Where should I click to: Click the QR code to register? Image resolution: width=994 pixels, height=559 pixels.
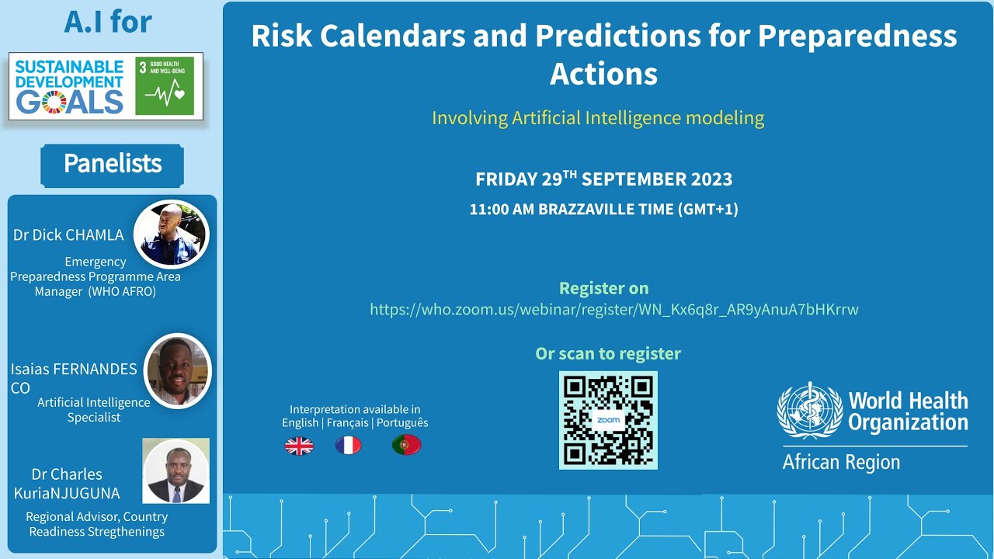coord(608,420)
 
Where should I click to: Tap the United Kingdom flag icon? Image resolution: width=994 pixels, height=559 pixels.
coord(299,446)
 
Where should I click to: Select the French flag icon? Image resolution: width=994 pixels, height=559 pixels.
coord(348,446)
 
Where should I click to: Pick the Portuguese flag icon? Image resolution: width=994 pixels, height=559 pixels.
coord(406,445)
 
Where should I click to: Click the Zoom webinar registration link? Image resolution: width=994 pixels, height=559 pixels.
coord(613,310)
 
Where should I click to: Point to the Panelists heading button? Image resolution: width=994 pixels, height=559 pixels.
coord(113,165)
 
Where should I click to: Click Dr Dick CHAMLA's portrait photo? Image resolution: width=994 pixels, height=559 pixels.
coord(172,234)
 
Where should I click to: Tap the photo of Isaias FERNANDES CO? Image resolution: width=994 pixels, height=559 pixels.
coord(178,371)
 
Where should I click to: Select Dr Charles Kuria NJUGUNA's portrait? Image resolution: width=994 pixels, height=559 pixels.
coord(176,471)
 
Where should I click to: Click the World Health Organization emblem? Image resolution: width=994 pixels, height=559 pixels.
coord(810,411)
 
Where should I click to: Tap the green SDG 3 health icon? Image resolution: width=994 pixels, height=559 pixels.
coord(165,85)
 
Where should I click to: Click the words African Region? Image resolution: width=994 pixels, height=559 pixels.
coord(841,463)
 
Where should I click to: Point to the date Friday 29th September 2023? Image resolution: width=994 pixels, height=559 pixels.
coord(603,179)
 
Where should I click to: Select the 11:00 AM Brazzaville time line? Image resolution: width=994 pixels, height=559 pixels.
coord(603,210)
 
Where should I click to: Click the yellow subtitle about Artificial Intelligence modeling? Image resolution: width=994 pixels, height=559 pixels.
coord(598,119)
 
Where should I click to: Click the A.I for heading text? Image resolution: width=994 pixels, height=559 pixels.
coord(108,23)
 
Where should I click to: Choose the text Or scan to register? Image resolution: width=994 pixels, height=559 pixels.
coord(608,354)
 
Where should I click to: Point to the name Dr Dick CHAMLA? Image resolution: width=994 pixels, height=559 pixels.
coord(68,235)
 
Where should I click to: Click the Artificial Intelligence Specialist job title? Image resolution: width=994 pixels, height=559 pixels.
coord(94,410)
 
